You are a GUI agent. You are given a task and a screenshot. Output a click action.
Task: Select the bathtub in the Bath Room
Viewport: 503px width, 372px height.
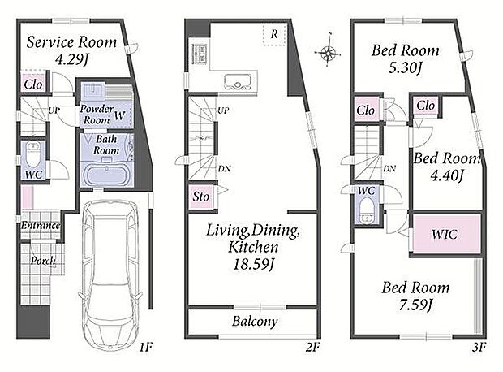(x=106, y=175)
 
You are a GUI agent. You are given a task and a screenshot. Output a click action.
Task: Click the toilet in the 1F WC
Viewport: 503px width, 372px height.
(x=32, y=155)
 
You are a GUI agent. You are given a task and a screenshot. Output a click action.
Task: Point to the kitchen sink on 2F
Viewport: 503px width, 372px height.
(x=238, y=81)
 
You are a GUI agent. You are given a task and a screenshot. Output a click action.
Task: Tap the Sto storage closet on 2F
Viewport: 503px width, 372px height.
(x=200, y=197)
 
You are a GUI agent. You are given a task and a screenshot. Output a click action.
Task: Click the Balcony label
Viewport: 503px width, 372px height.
(x=255, y=322)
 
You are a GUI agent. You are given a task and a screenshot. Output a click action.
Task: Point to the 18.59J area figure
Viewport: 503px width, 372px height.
(x=253, y=265)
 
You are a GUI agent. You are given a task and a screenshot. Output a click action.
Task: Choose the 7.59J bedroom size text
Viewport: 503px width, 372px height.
(x=416, y=305)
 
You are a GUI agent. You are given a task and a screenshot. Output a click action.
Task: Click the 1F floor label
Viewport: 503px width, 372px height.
(x=145, y=348)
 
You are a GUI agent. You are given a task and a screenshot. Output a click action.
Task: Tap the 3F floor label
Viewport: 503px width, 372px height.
(x=479, y=348)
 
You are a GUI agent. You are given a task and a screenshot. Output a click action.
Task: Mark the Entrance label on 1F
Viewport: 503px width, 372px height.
(x=41, y=226)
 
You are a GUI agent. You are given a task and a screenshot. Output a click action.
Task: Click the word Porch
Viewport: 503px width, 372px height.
(x=43, y=261)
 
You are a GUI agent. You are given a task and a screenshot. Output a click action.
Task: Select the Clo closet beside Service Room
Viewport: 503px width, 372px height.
(x=33, y=84)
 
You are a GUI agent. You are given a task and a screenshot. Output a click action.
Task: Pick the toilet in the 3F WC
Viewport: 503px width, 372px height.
(x=366, y=210)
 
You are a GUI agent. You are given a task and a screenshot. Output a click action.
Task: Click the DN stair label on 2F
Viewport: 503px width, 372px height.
(x=224, y=168)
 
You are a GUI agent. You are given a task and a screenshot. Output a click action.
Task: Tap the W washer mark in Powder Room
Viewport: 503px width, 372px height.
(x=119, y=115)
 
